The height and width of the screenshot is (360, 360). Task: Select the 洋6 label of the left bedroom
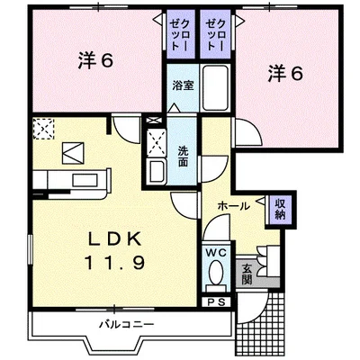click(94, 62)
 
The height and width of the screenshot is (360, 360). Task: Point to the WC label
click(217, 253)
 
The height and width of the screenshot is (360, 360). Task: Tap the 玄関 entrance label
click(247, 272)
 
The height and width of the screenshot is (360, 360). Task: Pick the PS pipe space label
click(216, 302)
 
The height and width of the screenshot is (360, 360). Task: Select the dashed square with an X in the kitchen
click(43, 130)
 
